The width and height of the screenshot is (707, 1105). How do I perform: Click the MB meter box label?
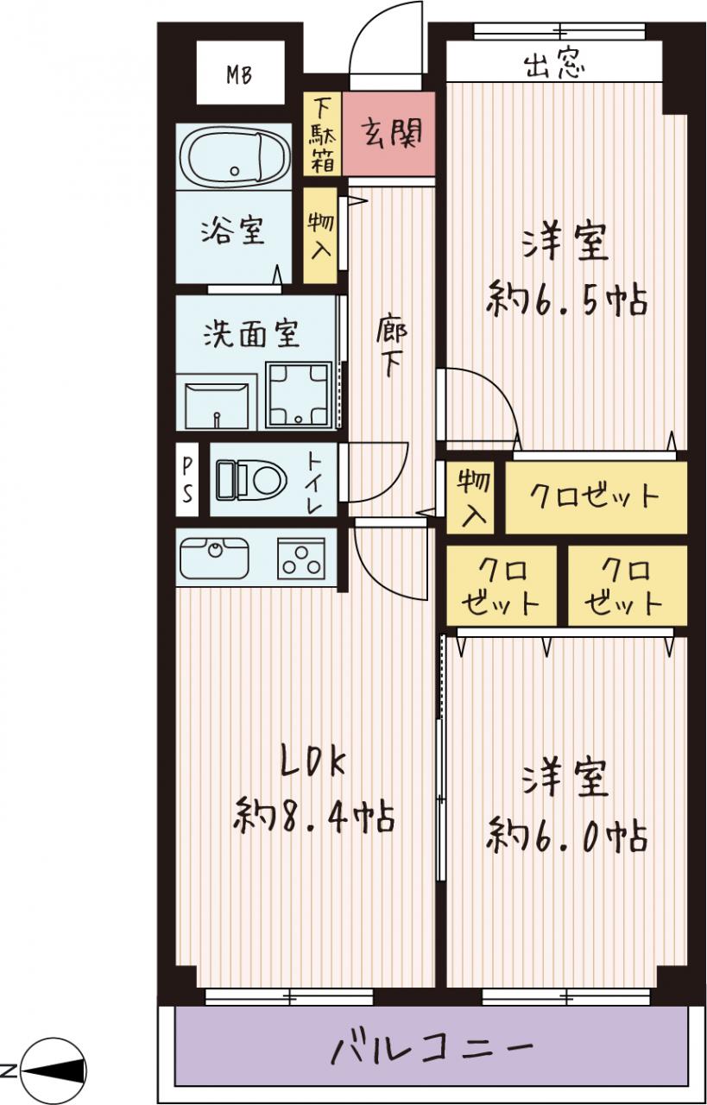tap(239, 75)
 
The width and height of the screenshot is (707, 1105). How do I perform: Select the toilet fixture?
tap(251, 478)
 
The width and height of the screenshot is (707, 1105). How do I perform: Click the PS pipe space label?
tap(187, 479)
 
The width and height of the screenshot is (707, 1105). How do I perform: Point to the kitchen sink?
tap(214, 558)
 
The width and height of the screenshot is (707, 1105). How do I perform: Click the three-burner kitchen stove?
tap(301, 558)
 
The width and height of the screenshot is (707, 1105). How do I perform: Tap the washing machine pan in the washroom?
tap(299, 395)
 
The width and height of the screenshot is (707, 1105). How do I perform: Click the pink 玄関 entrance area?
tap(388, 133)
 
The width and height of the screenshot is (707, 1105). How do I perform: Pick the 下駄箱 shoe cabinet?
tap(321, 134)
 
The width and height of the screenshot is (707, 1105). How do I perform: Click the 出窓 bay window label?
tap(554, 65)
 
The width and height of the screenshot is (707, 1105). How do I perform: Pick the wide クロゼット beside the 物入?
tap(596, 497)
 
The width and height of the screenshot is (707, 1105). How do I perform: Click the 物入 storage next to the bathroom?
tap(320, 236)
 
